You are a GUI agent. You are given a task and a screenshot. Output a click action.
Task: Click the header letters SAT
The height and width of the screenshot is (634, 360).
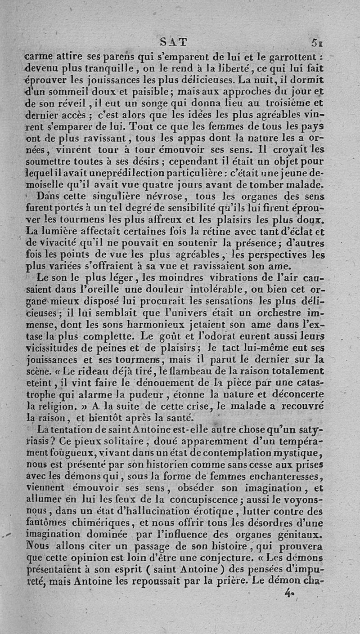click(174, 42)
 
